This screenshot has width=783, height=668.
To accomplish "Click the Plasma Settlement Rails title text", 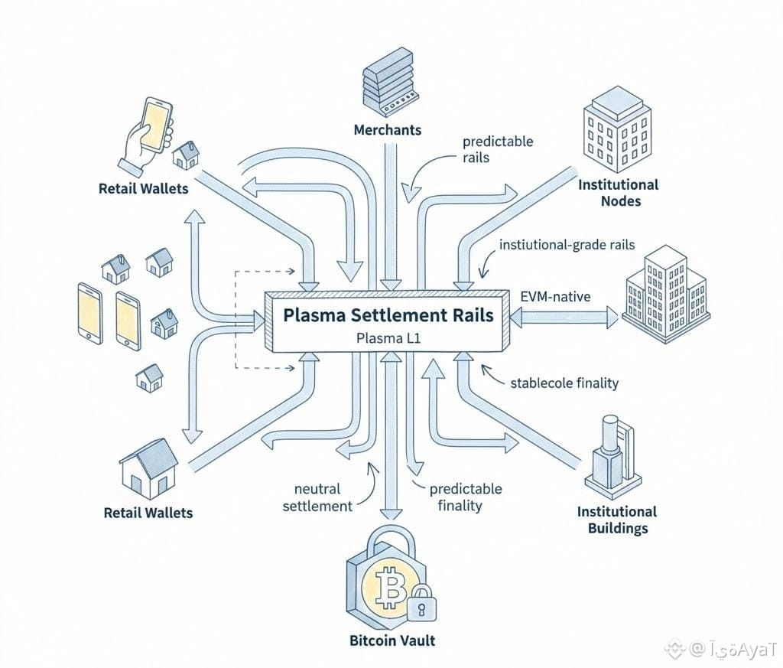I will click(x=388, y=314).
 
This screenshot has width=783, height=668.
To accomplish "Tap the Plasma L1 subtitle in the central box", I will click(x=388, y=338).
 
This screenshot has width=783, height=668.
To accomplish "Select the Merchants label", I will click(x=387, y=130).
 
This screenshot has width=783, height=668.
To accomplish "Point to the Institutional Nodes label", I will click(x=618, y=193).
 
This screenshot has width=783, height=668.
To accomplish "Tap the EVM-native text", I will click(x=554, y=296).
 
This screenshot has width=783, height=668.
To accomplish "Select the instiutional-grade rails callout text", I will click(x=567, y=246).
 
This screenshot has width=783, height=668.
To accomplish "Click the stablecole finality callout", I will click(x=564, y=383).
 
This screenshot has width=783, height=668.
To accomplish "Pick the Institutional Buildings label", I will click(x=616, y=520).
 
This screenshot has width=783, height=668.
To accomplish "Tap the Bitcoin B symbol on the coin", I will click(x=391, y=588).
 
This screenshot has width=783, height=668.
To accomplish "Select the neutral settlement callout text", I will click(x=317, y=497).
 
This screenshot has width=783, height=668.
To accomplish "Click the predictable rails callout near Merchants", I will click(x=497, y=149).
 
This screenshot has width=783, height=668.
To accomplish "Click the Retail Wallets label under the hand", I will click(x=143, y=187).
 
